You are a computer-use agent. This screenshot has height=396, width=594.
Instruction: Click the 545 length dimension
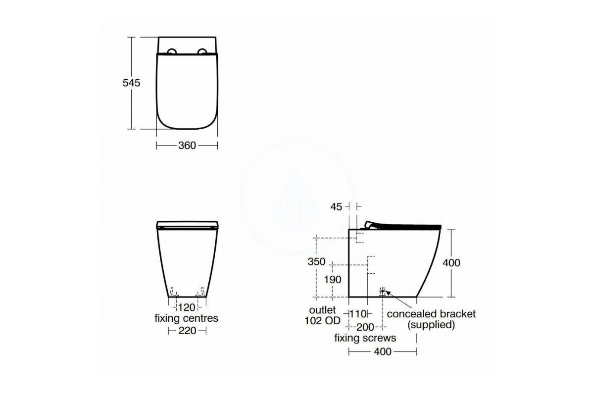tap(131, 83)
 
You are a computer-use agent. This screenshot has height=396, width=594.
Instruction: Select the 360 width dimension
tap(187, 146)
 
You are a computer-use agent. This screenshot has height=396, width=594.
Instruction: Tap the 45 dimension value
tap(336, 207)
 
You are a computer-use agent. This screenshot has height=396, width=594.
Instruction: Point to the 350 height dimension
tap(316, 261)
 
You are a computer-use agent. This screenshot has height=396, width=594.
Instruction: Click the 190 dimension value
tap(333, 280)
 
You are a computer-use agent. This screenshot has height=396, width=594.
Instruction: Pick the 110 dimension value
tap(358, 314)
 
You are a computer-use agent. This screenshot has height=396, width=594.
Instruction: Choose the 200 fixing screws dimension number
tap(365, 327)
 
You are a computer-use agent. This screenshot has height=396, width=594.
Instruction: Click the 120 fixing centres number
tap(187, 308)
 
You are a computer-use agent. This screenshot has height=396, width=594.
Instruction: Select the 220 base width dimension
tap(187, 331)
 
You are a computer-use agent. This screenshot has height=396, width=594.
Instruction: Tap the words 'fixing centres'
tap(187, 318)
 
